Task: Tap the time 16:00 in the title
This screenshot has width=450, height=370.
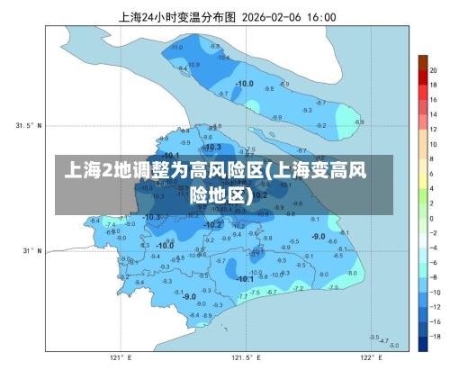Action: coord(320,16)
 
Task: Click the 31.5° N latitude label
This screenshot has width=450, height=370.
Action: coord(30,125)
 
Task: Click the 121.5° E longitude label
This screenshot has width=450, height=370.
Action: coord(242,357)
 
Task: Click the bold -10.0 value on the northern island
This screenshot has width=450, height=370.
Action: coord(244,84)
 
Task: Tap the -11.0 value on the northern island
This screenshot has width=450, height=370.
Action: coord(177,47)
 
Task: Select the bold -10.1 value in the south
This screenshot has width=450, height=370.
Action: coord(244,279)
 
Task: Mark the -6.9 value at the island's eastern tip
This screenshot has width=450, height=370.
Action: coord(360,122)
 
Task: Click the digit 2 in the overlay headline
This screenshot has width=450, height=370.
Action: coord(107,171)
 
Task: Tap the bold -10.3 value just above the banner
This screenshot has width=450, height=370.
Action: coord(212,147)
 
